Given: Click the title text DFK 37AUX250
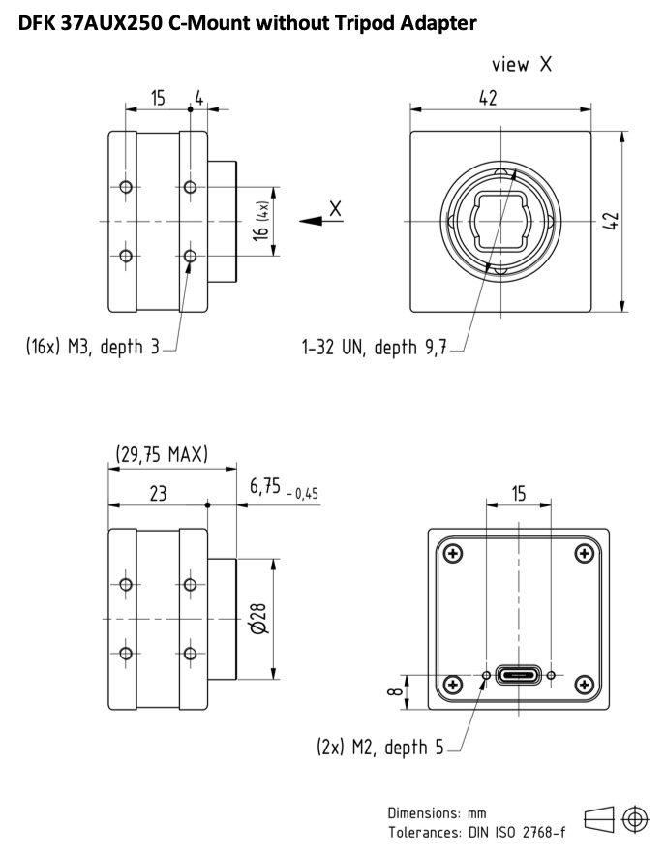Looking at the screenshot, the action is point(91,23).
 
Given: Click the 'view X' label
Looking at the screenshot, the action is point(522,65).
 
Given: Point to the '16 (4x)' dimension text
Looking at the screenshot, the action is point(261,221).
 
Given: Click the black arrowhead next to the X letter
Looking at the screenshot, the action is point(311,221).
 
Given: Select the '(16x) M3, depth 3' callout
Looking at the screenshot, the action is point(92,347).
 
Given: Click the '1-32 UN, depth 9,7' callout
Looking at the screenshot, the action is point(375,347).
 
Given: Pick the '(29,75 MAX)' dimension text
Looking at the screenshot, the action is point(162,454).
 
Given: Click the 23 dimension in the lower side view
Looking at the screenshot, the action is point(158,494).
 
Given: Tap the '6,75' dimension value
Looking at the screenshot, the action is point(265,485).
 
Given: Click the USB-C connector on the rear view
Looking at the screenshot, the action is point(518,675).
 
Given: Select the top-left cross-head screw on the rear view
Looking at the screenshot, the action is point(453,554).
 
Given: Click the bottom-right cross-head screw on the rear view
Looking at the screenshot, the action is point(585,684).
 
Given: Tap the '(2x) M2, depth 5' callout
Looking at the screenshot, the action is point(380,747).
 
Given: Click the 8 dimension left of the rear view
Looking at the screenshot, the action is point(395,691).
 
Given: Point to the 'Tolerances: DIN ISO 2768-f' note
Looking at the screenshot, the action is point(477,833).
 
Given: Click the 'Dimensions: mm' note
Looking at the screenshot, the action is point(437,812).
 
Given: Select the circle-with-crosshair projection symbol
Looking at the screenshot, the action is point(636,819).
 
